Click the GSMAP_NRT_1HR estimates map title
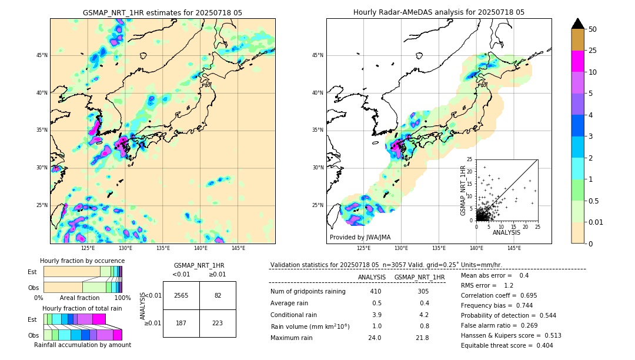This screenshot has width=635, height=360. [x=162, y=12]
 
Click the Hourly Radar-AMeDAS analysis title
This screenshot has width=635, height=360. [x=439, y=12]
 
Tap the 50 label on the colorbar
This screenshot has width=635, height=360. [x=593, y=29]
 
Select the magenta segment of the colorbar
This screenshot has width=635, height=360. [x=577, y=61]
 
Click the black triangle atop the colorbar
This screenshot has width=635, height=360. [x=577, y=24]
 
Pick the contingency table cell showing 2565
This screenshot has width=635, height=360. [x=181, y=295]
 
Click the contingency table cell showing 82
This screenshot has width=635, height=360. [x=218, y=295]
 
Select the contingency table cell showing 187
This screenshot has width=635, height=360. [x=181, y=323]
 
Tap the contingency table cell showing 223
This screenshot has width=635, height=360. [x=218, y=323]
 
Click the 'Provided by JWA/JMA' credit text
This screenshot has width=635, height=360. [x=360, y=238]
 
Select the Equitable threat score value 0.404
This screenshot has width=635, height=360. [x=541, y=345]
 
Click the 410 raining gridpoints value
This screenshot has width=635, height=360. [x=375, y=291]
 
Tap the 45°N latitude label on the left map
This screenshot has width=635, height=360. [x=42, y=55]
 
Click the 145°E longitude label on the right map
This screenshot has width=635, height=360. [x=514, y=248]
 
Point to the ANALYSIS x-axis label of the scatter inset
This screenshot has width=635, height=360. [x=506, y=232]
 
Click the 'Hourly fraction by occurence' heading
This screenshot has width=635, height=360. [x=82, y=261]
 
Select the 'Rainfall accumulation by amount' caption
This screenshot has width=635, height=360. [x=82, y=345]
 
